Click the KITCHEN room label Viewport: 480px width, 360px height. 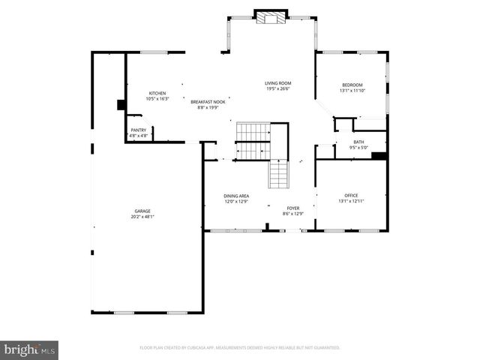tap(157, 93)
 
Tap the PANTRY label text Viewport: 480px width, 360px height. tap(139, 130)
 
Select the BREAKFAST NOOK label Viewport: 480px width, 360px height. tap(207, 101)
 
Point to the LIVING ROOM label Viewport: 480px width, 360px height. tap(277, 82)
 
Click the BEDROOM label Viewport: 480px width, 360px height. tap(352, 85)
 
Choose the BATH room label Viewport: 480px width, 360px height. tap(358, 142)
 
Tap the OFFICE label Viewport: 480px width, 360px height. tap(352, 195)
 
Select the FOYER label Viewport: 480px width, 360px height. tap(293, 208)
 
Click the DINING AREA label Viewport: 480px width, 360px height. tap(236, 196)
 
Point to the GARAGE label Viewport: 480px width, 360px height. tap(142, 211)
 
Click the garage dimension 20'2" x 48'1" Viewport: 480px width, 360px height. tap(142, 217)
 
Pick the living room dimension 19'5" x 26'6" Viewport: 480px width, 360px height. tap(277, 88)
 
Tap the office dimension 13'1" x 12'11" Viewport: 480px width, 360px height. tap(352, 201)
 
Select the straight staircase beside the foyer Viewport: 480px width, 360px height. tap(279, 177)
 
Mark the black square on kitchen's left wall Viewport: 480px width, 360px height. tap(120, 106)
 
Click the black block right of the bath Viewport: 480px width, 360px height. tap(379, 157)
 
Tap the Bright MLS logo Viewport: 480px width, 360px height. tap(30, 349)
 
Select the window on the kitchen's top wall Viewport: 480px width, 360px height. tap(154, 52)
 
